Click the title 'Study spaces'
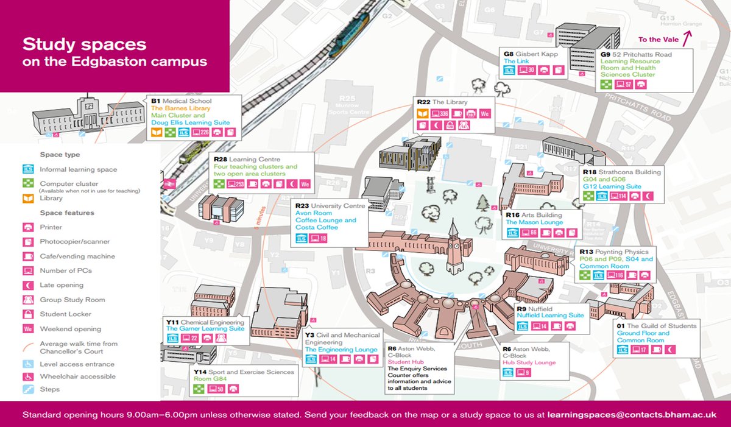(x=84, y=44)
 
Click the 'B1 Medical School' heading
(x=182, y=101)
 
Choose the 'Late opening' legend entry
(x=62, y=285)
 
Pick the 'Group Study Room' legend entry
(x=72, y=300)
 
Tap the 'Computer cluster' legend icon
(x=28, y=183)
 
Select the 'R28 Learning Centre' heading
(x=246, y=159)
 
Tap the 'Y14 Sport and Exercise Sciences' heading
(x=244, y=372)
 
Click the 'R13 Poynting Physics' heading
(x=614, y=252)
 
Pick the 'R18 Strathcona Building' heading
(x=621, y=172)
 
